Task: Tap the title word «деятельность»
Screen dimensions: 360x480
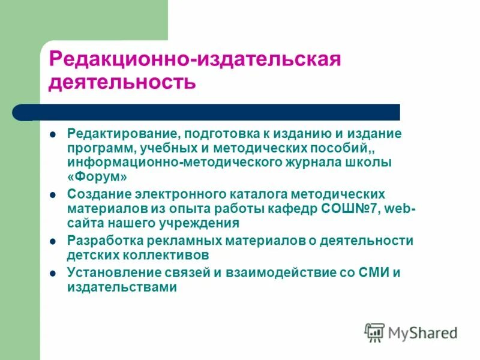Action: tap(122, 82)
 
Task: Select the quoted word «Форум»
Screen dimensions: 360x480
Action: tap(97, 177)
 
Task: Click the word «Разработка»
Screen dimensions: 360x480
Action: tap(104, 241)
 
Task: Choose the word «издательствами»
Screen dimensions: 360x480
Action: tap(122, 287)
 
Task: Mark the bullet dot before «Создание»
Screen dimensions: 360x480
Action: tap(53, 194)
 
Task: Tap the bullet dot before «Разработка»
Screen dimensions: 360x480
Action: tap(53, 241)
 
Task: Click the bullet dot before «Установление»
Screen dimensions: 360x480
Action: tap(53, 273)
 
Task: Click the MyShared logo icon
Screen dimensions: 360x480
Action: tap(375, 332)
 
